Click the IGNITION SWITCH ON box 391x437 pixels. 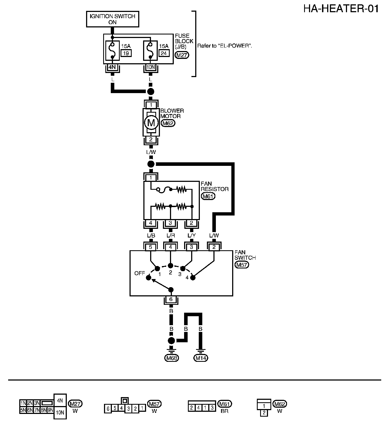click(112, 19)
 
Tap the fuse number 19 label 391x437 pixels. click(126, 53)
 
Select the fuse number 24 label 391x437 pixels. click(163, 53)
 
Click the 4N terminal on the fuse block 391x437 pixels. click(112, 67)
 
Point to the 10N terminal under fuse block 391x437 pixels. click(150, 67)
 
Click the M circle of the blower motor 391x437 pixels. click(151, 123)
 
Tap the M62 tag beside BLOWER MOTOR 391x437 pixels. click(168, 123)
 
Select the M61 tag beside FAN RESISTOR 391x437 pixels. click(208, 196)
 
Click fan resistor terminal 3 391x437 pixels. click(170, 223)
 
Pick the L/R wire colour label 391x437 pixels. click(170, 235)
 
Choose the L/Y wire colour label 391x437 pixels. click(191, 235)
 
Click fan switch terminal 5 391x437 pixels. click(151, 247)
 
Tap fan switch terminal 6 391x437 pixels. click(171, 299)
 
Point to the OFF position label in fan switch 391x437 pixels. click(140, 273)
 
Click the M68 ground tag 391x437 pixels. click(171, 358)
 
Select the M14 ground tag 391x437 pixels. click(201, 358)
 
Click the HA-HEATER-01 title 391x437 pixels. click(341, 9)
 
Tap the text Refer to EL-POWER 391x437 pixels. click(225, 46)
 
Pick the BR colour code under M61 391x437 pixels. click(224, 411)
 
